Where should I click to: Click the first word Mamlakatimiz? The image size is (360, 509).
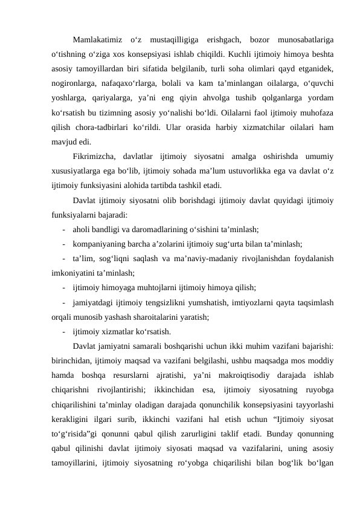pyautogui.click(x=95, y=41)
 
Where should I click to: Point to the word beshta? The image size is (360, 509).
pyautogui.click(x=324, y=54)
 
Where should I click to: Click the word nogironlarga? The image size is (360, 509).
pyautogui.click(x=73, y=84)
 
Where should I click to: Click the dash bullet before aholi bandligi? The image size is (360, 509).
pyautogui.click(x=63, y=230)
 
